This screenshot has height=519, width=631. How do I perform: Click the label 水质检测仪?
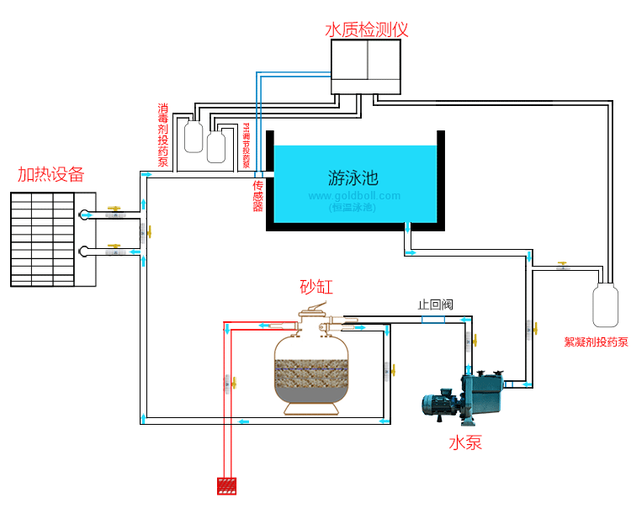367,29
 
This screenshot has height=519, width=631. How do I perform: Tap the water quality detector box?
368,67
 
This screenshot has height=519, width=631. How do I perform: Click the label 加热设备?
51,175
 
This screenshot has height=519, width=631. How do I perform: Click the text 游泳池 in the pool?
353,177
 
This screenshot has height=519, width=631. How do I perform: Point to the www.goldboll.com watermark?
354,196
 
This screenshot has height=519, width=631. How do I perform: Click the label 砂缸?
316,287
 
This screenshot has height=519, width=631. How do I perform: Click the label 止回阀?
436,304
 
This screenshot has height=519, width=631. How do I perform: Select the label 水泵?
465,442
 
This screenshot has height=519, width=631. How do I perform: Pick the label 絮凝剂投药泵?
596,342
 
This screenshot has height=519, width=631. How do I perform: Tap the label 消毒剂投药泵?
163,135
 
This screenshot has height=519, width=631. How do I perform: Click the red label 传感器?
258,194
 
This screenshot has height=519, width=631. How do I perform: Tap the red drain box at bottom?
226,486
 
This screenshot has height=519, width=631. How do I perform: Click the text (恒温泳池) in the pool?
353,207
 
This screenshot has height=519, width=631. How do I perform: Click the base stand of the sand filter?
312,409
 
